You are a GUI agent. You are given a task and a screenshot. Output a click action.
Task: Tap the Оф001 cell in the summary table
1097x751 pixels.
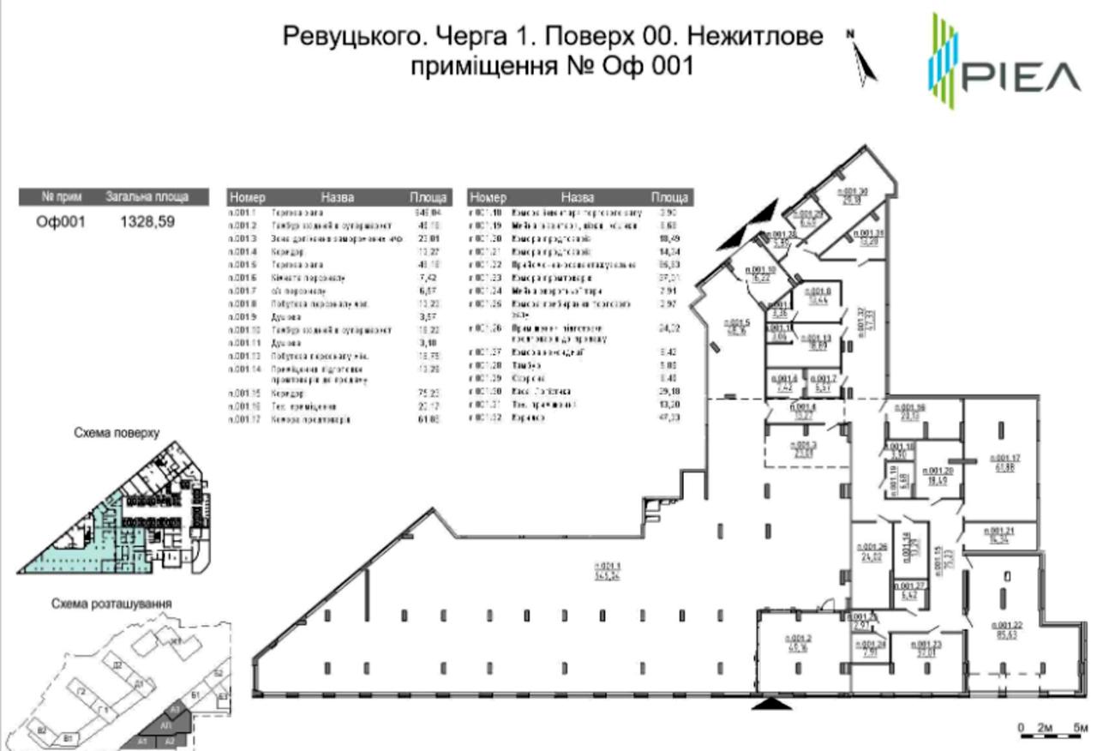(61, 222)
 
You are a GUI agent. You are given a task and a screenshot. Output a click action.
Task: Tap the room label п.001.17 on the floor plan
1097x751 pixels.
(1005, 462)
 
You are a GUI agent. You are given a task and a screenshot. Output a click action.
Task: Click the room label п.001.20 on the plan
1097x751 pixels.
(938, 476)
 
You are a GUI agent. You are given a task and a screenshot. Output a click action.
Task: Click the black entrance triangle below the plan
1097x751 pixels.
(774, 704)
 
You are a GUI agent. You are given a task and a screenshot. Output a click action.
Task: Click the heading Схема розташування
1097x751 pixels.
(111, 604)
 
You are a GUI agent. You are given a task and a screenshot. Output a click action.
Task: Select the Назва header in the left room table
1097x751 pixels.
(337, 197)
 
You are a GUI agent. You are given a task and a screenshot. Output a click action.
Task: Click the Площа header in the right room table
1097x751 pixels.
(668, 197)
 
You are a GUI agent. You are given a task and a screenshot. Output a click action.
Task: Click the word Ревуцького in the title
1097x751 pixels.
(351, 37)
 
